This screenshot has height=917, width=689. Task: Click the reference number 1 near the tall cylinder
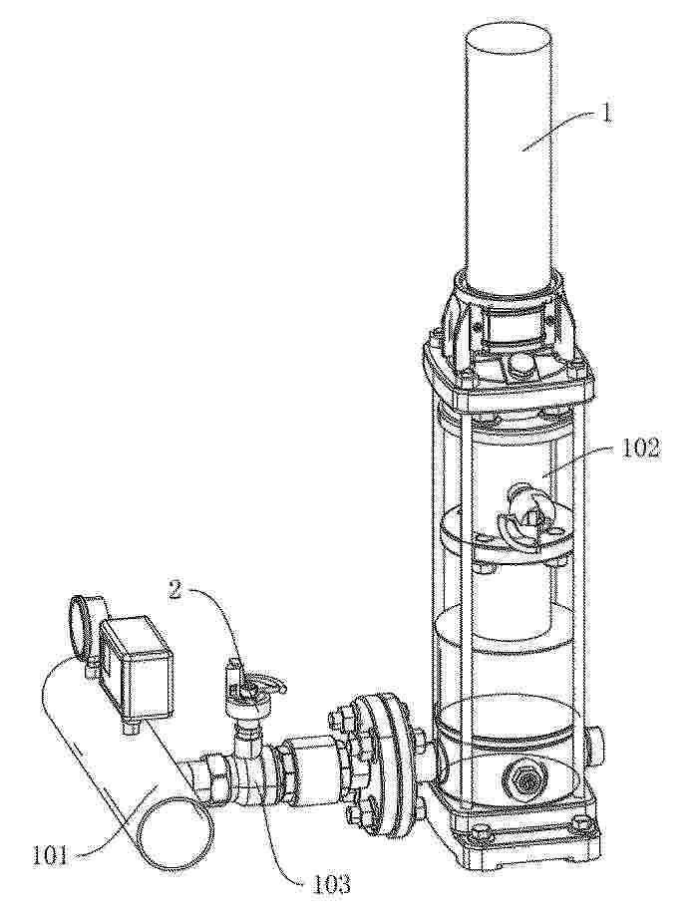[606, 111]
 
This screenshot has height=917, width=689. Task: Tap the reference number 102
[636, 448]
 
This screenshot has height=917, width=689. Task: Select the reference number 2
[175, 588]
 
